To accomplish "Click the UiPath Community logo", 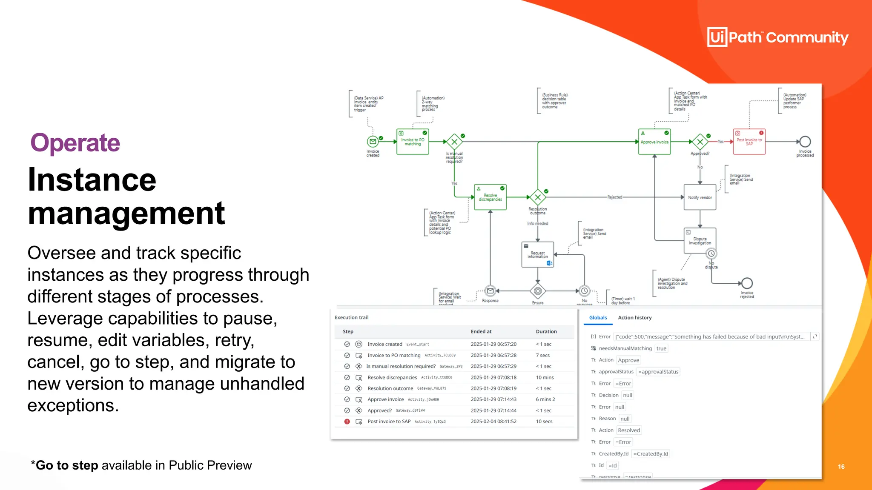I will [777, 37].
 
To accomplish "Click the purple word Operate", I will [75, 143].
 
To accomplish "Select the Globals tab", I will [598, 318].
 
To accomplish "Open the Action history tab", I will [634, 318].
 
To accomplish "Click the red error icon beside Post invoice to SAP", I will [347, 422].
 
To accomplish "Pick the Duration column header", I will [546, 331].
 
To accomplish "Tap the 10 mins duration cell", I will [545, 377].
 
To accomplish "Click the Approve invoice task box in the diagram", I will [654, 142].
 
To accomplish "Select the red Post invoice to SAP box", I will [749, 142].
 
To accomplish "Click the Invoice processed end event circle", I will [805, 142].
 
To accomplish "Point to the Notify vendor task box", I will [700, 197].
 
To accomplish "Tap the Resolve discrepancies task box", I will [490, 197].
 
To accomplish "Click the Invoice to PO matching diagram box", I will [412, 142].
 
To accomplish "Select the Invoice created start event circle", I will [373, 142].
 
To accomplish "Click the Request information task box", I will [537, 254].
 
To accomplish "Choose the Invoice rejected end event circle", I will [747, 283].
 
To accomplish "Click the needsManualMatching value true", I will [661, 348].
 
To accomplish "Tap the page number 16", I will [841, 467].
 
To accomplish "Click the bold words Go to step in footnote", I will [67, 465].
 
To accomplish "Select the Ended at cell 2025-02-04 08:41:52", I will [493, 422].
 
